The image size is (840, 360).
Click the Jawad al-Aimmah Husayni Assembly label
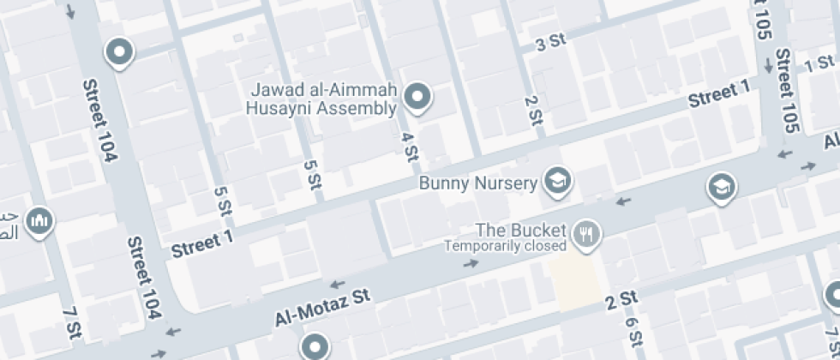(x=321, y=99)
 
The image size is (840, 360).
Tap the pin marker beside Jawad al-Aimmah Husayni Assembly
(x=417, y=97)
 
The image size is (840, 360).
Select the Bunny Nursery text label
(x=478, y=183)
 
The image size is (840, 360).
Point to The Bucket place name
(x=521, y=230)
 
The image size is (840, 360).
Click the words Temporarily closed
(x=505, y=246)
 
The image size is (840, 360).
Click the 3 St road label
(x=552, y=43)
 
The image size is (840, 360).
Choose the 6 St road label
(x=634, y=331)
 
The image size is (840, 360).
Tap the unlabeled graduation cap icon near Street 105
(x=722, y=186)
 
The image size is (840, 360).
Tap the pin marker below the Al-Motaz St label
(x=315, y=346)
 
